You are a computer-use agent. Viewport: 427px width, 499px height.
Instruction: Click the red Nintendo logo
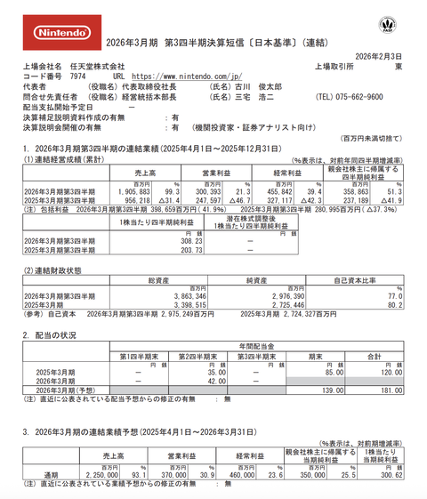[x=61, y=33]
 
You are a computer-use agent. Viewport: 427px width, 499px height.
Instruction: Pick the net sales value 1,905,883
[x=124, y=191]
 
